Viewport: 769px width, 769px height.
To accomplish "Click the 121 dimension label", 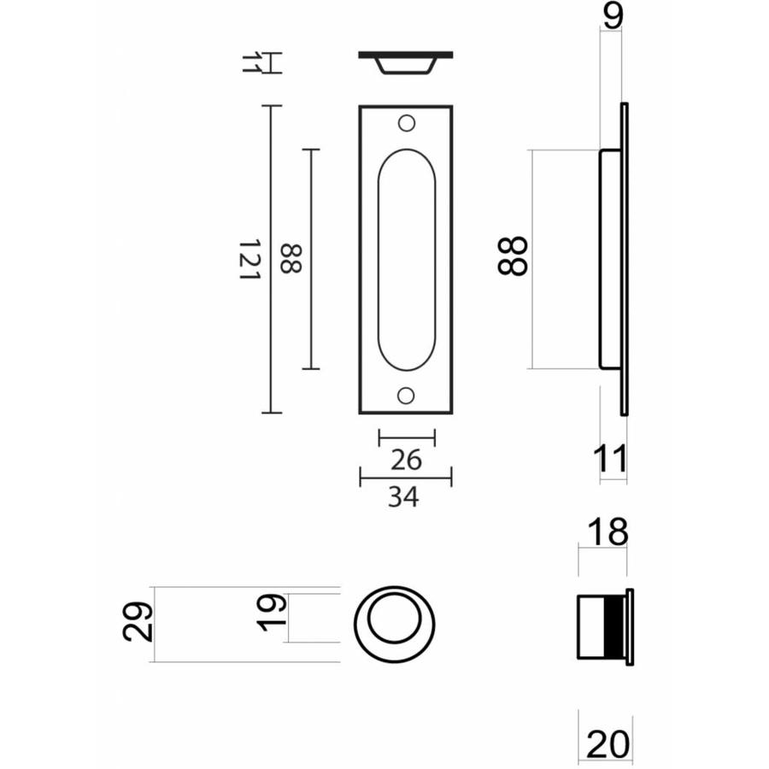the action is (249, 260).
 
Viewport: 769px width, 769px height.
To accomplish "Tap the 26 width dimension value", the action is (406, 460).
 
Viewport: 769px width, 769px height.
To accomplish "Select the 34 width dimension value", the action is (403, 496).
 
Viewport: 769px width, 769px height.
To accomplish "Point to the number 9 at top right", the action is (613, 15).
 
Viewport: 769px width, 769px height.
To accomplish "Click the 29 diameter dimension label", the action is (138, 622).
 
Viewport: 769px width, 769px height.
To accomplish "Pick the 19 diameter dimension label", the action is (272, 613).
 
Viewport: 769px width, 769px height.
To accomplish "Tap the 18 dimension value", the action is (608, 531).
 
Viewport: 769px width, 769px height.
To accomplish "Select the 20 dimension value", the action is (608, 744).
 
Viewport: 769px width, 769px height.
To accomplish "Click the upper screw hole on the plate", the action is (407, 123).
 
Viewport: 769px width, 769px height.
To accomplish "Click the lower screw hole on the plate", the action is (406, 396).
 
